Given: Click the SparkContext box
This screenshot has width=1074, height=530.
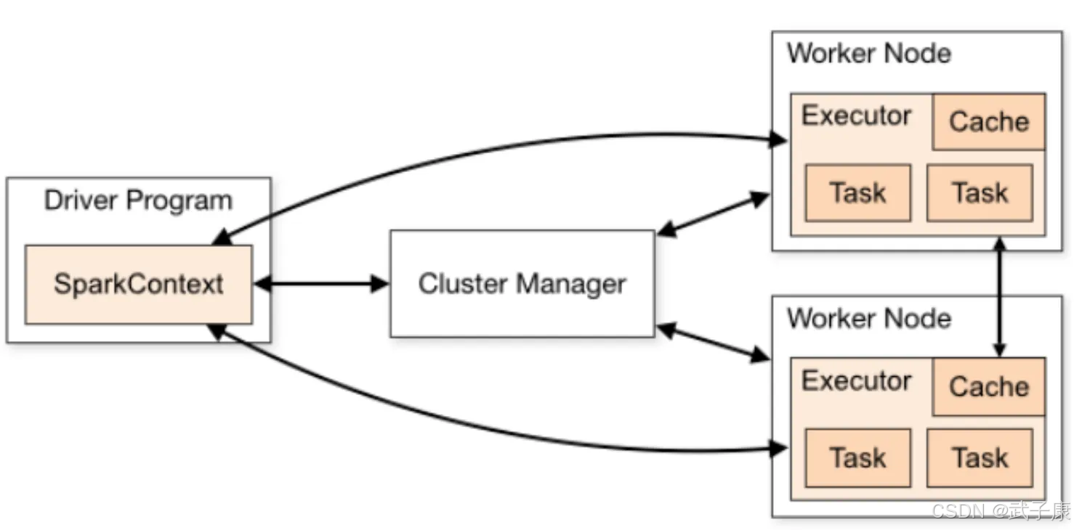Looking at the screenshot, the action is pos(139,285).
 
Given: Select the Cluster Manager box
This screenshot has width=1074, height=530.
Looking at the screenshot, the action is pos(522,284).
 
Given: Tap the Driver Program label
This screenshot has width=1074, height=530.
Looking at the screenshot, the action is pos(138,200).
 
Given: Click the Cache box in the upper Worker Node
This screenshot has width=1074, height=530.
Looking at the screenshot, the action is pos(989,122).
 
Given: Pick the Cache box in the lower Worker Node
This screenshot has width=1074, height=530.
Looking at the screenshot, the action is pos(989,387).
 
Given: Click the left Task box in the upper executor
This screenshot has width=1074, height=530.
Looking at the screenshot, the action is pos(858,192).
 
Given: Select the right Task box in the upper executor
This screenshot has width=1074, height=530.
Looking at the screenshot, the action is pos(980,192).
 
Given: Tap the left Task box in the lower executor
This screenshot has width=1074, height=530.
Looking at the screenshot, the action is pos(858,458).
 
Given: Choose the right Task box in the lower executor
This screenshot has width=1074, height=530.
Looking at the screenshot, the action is pos(980,458).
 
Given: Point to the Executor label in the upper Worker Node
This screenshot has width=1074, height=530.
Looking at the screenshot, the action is pos(856,115).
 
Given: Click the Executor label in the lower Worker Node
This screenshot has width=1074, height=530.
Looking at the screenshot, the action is pos(856,381).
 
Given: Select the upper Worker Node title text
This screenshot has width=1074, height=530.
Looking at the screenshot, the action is pos(869,53).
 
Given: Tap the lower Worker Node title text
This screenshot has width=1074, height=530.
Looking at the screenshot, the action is pos(869,319).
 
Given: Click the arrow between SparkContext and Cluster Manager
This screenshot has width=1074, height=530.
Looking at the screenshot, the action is pos(321,284).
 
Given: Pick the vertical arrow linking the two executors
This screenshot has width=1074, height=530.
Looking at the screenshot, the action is pos(1000,297).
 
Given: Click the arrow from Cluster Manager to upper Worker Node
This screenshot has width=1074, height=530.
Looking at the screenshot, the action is pos(714,213).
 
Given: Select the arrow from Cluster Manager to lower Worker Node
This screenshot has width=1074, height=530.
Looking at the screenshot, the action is pos(714,342).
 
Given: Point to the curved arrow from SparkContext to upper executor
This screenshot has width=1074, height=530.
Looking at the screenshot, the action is pos(480,152).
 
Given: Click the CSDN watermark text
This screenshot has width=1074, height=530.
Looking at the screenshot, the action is pos(1001,511).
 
